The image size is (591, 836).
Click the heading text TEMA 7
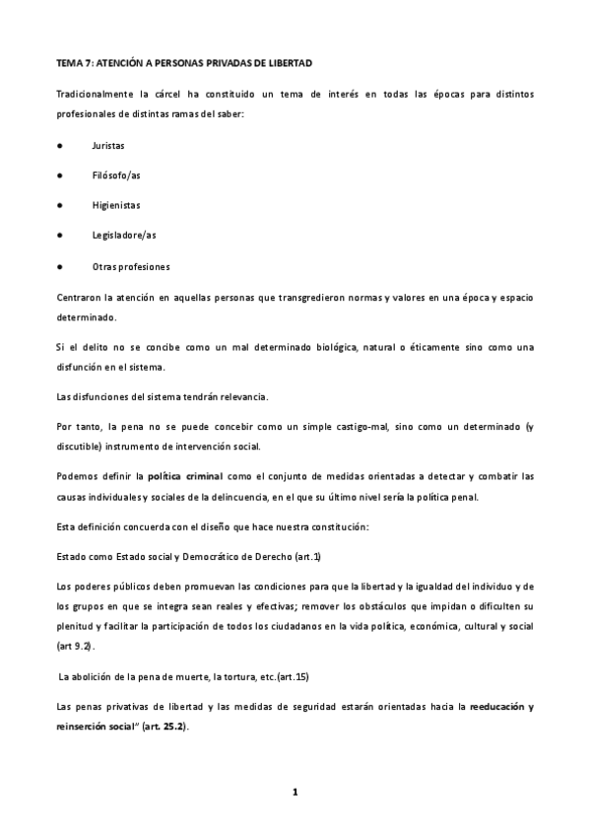tap(74, 63)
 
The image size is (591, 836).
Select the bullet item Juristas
tap(107, 145)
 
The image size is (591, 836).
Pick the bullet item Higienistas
tap(115, 206)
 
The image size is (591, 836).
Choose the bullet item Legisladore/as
tap(123, 237)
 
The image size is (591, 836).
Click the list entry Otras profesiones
tap(131, 267)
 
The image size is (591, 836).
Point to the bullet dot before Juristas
tap(60, 145)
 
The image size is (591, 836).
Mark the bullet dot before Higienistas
tap(60, 206)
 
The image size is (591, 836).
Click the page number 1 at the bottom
tap(295, 792)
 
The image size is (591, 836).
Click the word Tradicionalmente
tap(96, 94)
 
